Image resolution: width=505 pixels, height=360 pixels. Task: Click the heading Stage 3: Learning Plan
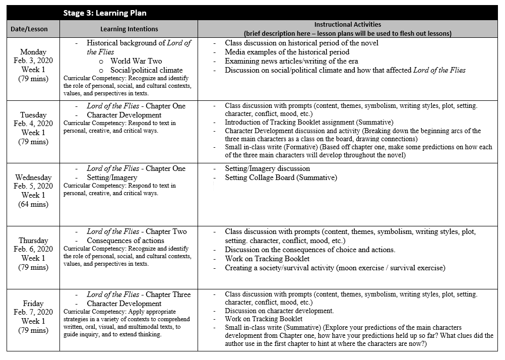104,13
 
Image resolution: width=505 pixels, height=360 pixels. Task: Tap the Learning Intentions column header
129,29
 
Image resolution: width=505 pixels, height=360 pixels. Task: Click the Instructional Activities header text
347,24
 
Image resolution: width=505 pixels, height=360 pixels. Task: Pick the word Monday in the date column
33,52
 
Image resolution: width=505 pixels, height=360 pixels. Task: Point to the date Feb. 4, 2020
33,124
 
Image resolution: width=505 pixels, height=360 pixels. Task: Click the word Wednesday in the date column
33,177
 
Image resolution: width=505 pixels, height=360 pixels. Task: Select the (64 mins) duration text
33,204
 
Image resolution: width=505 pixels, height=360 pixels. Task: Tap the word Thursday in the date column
33,241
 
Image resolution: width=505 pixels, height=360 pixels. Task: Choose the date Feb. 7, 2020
33,312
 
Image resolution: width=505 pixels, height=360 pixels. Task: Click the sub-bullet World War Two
136,61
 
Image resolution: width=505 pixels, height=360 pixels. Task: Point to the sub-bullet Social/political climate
146,70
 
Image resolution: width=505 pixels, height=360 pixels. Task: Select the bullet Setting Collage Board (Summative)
281,177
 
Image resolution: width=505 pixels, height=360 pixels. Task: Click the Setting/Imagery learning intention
112,177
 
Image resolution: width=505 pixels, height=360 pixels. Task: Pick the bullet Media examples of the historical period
287,52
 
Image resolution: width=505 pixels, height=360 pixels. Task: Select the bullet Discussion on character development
279,311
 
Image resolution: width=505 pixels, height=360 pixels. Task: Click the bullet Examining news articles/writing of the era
291,61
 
